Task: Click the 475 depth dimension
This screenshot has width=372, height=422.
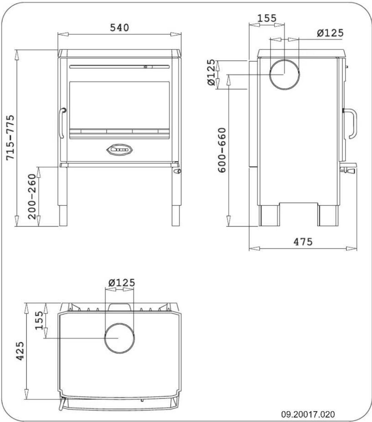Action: [303, 242]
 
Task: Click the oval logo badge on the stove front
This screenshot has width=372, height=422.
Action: [119, 150]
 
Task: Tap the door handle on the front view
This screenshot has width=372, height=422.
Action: [62, 123]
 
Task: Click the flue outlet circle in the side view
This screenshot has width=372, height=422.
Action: [284, 74]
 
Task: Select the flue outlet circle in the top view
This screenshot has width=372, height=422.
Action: [119, 338]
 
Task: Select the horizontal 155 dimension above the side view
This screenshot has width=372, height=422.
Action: [267, 18]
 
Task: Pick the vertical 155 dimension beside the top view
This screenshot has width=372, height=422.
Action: [40, 320]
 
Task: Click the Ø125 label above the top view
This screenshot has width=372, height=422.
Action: [121, 283]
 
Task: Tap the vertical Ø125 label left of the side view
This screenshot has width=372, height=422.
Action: [213, 73]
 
